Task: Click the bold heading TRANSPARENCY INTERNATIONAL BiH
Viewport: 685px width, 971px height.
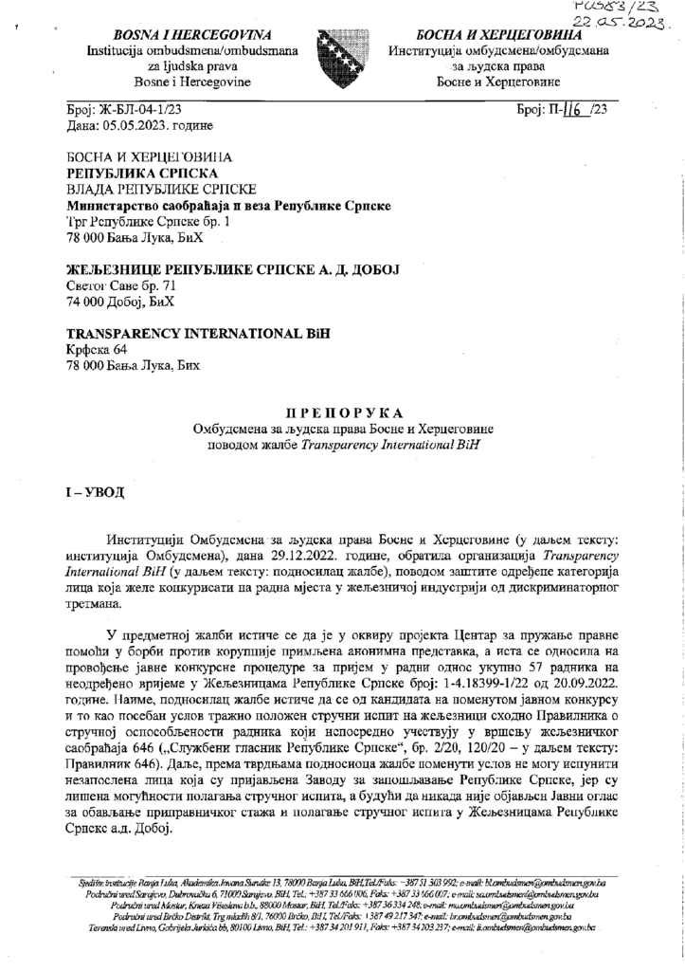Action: pos(192,335)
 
